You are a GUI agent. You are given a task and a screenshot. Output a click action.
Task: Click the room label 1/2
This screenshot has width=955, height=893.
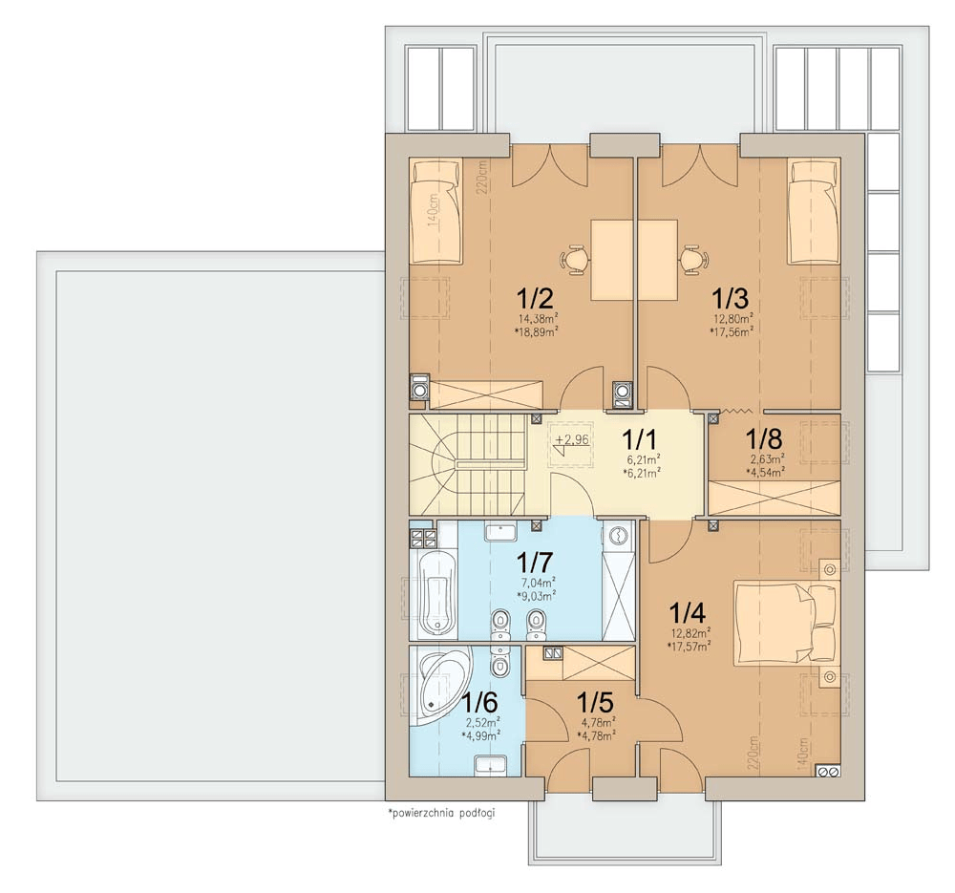(535, 299)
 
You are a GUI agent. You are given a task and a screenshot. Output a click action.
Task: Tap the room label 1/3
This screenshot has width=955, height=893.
(731, 299)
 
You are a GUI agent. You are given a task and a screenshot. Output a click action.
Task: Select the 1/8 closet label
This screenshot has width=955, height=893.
(764, 438)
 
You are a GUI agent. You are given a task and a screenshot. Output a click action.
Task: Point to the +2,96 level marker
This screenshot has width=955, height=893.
(571, 439)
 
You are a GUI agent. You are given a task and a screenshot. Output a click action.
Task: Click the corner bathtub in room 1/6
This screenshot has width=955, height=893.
(439, 687)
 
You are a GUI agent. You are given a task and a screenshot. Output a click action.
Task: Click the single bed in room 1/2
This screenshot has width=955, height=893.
(435, 211)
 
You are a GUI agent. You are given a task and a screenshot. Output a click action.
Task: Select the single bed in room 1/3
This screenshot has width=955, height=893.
(814, 211)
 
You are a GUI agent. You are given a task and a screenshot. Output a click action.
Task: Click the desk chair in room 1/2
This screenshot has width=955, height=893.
(574, 260)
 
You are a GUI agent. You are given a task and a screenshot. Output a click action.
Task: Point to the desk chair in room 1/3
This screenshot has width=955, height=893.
(691, 260)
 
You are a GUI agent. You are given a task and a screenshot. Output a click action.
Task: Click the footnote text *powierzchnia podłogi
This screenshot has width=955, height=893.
(441, 813)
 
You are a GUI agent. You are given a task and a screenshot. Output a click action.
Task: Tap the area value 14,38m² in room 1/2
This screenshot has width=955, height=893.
(539, 318)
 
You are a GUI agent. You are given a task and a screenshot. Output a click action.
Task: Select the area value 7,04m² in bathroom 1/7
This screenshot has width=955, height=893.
(538, 582)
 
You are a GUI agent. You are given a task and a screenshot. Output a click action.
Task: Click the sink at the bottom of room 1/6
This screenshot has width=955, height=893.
(490, 765)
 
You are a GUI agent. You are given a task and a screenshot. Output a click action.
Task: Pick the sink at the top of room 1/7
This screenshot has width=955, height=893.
(500, 531)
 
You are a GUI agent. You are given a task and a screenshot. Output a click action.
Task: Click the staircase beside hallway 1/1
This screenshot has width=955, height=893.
(467, 466)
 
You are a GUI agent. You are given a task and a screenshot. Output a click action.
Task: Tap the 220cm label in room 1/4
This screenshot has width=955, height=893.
(754, 753)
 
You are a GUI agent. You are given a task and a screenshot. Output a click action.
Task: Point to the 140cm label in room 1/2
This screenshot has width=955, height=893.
(433, 211)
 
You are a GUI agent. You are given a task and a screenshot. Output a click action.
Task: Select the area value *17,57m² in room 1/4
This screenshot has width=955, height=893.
(690, 647)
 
